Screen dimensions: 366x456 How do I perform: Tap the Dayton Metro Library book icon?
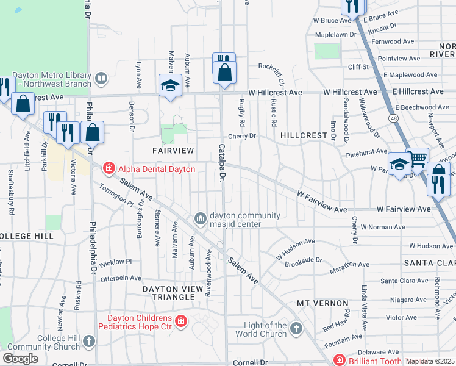pyautogui.click(x=101, y=78)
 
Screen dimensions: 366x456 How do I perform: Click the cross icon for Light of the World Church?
pyautogui.click(x=296, y=329)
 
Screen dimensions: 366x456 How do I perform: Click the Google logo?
pyautogui.click(x=20, y=359)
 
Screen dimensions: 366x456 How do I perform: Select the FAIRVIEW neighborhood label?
pyautogui.click(x=173, y=150)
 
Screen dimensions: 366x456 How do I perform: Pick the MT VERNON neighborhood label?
pyautogui.click(x=322, y=303)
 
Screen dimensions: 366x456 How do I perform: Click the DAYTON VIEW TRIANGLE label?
pyautogui.click(x=177, y=289)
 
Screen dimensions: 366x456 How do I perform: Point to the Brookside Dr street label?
pyautogui.click(x=302, y=260)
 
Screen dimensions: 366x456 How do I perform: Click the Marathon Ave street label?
pyautogui.click(x=350, y=265)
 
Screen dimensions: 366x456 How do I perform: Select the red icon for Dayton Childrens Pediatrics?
pyautogui.click(x=180, y=321)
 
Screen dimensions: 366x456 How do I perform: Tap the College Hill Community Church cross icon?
pyautogui.click(x=90, y=340)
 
